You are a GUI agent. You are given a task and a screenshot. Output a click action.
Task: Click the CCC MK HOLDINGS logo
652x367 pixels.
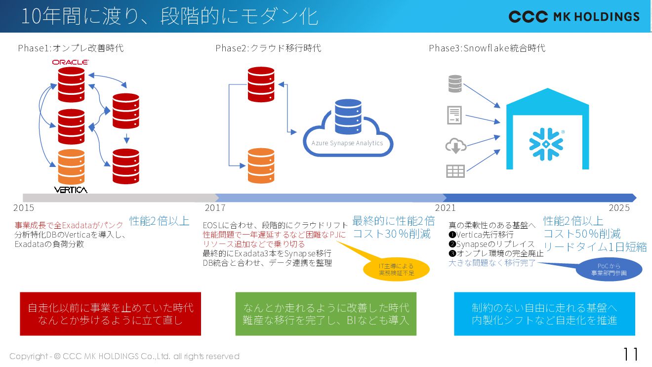(574, 17)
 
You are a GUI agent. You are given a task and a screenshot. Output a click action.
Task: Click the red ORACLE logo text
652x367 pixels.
(70, 62)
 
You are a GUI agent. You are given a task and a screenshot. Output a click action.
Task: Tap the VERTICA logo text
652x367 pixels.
(71, 190)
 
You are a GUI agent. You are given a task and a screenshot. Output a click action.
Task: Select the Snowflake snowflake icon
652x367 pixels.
(546, 144)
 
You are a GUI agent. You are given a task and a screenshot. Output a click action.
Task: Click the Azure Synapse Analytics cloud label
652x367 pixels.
(347, 143)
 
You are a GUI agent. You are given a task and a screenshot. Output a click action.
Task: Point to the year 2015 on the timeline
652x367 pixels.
(24, 208)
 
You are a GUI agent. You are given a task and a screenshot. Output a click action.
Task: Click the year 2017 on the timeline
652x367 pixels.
(215, 208)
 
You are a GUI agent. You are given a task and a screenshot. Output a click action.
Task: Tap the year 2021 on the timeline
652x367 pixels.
(445, 208)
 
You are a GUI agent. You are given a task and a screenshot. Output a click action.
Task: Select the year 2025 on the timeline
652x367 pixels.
(619, 208)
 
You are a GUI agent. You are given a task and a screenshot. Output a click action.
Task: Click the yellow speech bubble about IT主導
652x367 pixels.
(396, 269)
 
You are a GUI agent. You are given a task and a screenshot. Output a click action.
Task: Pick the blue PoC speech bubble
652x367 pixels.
(609, 270)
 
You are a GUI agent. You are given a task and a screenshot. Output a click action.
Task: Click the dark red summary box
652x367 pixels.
(111, 314)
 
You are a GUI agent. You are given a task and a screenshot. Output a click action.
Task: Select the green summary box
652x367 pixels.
(326, 314)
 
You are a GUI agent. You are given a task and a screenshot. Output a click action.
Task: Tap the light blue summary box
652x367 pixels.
(544, 314)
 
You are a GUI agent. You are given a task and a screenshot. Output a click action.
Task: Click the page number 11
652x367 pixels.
(630, 354)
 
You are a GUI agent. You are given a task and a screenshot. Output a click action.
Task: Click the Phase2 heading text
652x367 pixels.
(268, 48)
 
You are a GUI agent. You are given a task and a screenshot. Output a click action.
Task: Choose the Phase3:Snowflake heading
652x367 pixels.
(487, 48)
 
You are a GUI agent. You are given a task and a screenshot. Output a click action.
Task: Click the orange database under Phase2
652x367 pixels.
(261, 165)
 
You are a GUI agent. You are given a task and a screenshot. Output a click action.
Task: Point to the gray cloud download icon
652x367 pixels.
(455, 146)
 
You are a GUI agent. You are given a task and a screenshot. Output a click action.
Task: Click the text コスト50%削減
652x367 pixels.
(582, 234)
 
